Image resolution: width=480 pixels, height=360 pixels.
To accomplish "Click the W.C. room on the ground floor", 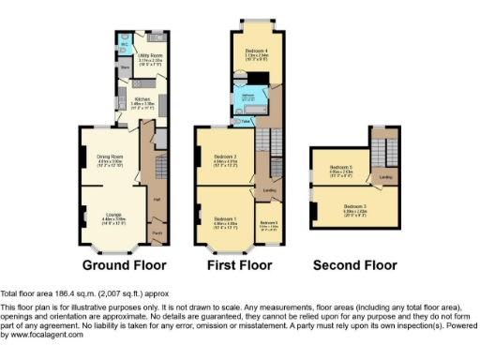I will [125, 43].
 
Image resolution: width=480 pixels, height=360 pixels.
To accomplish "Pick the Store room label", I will [125, 67].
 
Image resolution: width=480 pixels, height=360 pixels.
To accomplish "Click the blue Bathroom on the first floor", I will [248, 97].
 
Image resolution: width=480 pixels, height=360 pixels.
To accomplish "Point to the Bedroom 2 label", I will [224, 156].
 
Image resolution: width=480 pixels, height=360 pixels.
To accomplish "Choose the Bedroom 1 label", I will [224, 219].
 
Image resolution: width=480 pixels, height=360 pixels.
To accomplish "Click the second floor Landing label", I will [384, 175].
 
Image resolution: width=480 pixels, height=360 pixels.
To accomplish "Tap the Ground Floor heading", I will [118, 265].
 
